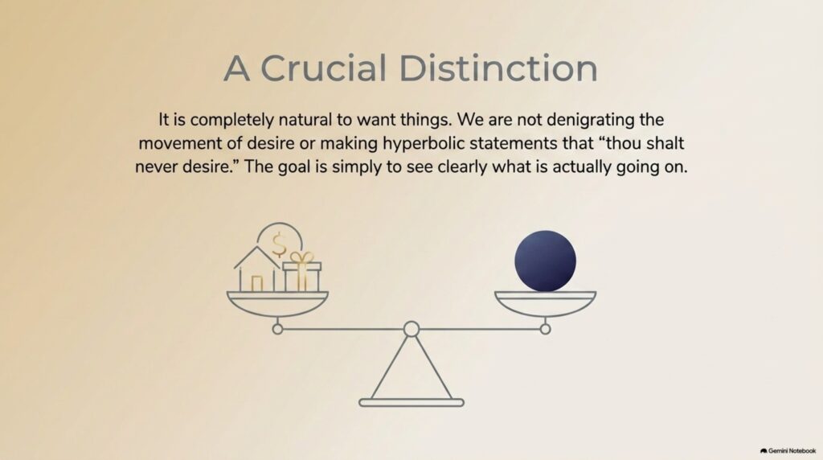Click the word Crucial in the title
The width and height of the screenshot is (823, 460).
(x=323, y=68)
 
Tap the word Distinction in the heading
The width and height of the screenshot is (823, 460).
(x=498, y=68)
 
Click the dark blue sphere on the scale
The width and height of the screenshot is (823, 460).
(x=546, y=261)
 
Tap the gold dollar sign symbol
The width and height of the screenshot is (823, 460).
(x=279, y=244)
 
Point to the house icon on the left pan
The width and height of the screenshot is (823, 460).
(x=256, y=269)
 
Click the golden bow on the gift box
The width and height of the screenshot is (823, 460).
(x=302, y=257)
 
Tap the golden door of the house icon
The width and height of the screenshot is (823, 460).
(x=256, y=284)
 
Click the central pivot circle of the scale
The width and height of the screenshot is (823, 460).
(x=411, y=329)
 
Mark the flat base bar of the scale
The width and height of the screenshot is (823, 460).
(x=411, y=403)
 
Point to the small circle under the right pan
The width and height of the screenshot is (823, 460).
(x=546, y=329)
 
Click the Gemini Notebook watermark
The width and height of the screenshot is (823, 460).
(x=788, y=451)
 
